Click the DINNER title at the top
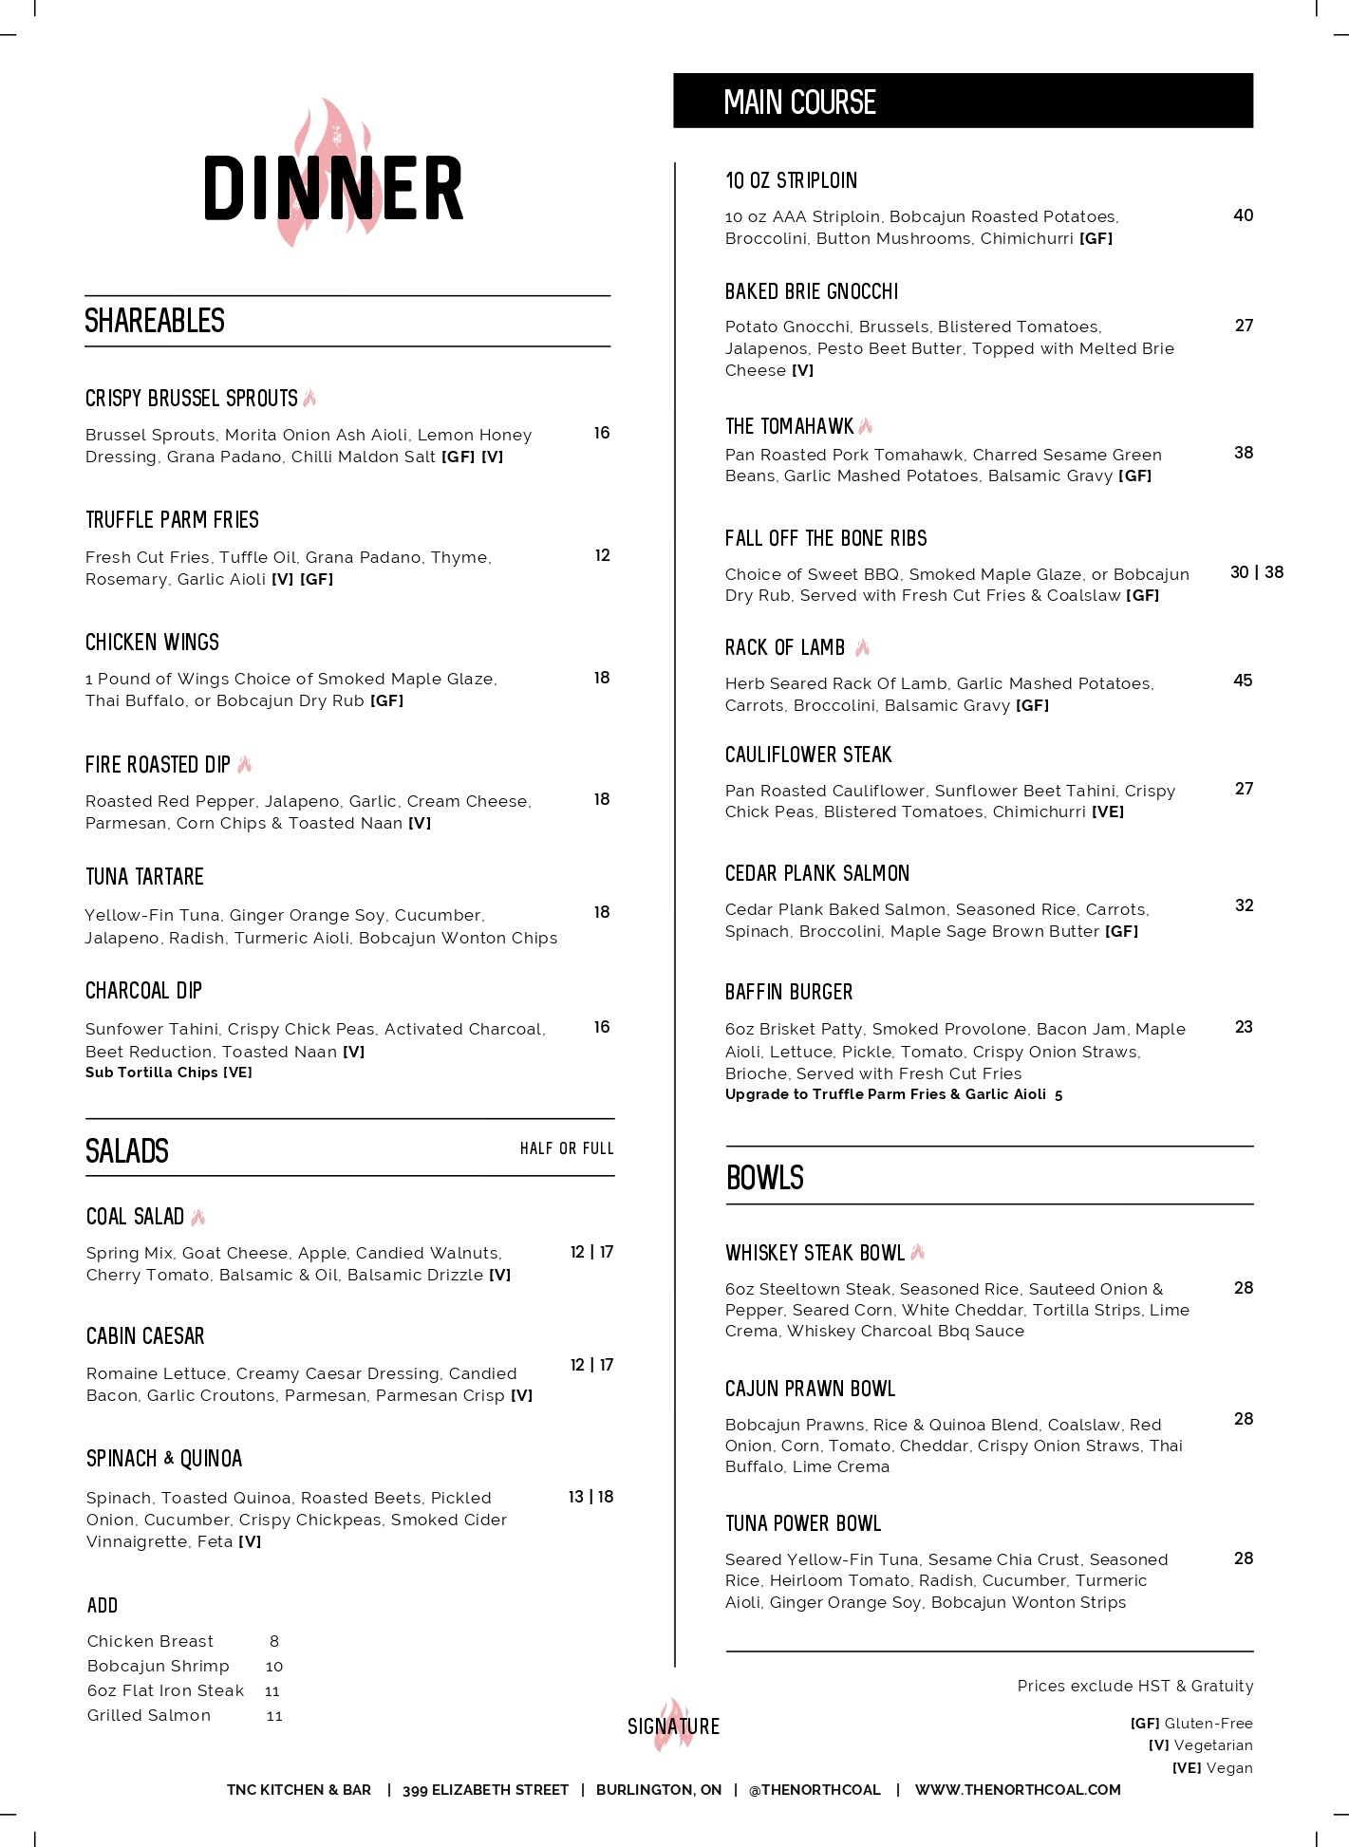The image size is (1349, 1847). (333, 189)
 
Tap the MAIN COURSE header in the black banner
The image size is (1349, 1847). (799, 103)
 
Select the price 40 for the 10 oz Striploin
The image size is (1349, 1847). (1243, 215)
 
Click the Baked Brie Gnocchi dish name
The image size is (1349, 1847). (811, 291)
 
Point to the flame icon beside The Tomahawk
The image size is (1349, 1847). (865, 426)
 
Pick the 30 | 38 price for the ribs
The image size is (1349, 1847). (1256, 572)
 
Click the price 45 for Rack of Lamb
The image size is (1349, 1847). (1243, 681)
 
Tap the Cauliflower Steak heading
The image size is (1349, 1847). (808, 755)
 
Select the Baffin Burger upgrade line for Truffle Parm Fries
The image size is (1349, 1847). (893, 1094)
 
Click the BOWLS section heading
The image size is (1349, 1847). (764, 1178)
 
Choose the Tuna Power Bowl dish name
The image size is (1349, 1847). (802, 1523)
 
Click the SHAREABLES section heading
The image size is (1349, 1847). (155, 321)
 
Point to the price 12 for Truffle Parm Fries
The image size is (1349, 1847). (602, 555)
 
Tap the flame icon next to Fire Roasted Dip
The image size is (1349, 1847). (245, 764)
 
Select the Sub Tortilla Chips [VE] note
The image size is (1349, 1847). (169, 1073)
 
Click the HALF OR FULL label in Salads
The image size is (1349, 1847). (566, 1148)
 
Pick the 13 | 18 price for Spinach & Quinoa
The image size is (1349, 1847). (590, 1497)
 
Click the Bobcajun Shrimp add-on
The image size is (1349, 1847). (159, 1666)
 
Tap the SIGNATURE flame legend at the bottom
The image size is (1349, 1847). (673, 1726)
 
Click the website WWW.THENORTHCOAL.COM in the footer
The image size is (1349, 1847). (1017, 1789)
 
